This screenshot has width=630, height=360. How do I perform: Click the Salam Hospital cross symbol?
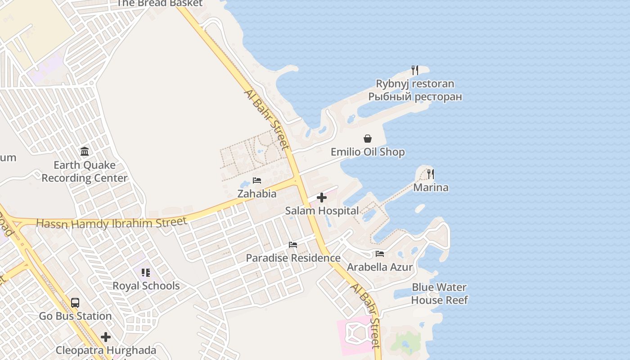(322, 198)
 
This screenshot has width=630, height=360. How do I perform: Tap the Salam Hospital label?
(322, 211)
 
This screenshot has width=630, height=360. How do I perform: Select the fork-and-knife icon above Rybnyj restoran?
(415, 70)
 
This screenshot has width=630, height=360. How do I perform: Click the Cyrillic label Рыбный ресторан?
(415, 97)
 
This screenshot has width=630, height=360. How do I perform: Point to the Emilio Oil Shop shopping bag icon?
(368, 139)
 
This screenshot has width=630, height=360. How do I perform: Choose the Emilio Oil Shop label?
(368, 152)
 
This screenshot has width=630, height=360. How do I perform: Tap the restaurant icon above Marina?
(431, 174)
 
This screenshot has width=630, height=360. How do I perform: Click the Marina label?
(431, 187)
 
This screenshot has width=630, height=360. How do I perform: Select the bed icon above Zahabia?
(257, 180)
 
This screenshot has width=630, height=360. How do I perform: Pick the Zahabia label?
(257, 194)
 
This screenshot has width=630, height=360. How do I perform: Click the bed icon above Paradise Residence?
(293, 245)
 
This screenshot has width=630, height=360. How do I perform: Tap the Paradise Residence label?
(293, 258)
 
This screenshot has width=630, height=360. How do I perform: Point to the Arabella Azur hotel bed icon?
(380, 254)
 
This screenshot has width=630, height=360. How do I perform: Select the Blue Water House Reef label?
(439, 293)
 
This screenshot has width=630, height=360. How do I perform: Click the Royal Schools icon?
(146, 273)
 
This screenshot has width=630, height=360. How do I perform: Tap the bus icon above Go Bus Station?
(75, 303)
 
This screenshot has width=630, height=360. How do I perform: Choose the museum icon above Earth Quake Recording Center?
(85, 152)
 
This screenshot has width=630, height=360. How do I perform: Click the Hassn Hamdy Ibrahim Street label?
(111, 223)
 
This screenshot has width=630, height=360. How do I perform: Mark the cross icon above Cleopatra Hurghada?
(106, 337)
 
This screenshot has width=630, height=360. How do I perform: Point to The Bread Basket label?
(160, 4)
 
